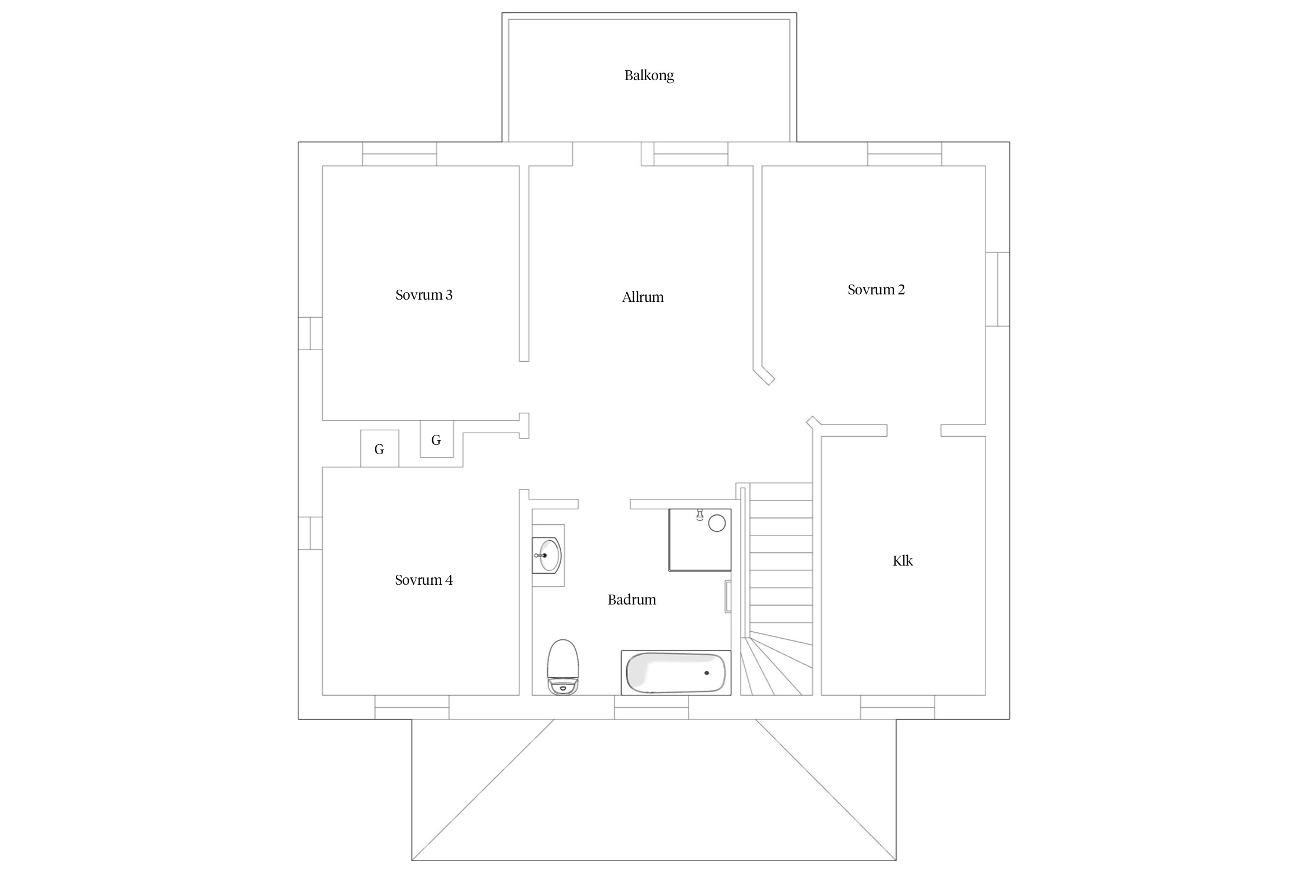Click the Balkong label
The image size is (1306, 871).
pos(649,75)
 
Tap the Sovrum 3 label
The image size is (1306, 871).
pos(424,295)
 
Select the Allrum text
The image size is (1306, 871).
pos(643,297)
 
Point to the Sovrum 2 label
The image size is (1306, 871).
pos(876,290)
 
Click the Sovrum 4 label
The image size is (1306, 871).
pos(424,580)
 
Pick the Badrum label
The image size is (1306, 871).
pos(632,600)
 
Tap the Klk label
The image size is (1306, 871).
pos(903,560)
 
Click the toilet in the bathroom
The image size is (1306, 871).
pos(563,667)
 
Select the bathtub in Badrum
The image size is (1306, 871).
pos(676,672)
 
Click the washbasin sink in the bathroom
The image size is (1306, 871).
pos(547,555)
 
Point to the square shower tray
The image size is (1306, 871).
pos(700,540)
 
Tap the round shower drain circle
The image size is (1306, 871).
pos(717,523)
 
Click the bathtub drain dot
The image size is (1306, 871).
pos(706,673)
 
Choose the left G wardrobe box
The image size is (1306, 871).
pos(380,448)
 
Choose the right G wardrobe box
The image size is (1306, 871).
pos(436,439)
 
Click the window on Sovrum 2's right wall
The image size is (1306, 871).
pos(998,289)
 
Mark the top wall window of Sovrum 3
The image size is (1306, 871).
pos(399,154)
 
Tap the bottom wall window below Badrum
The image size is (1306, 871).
pos(651,707)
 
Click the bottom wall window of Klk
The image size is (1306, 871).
pos(897,707)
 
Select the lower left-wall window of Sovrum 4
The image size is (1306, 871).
pos(310,533)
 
